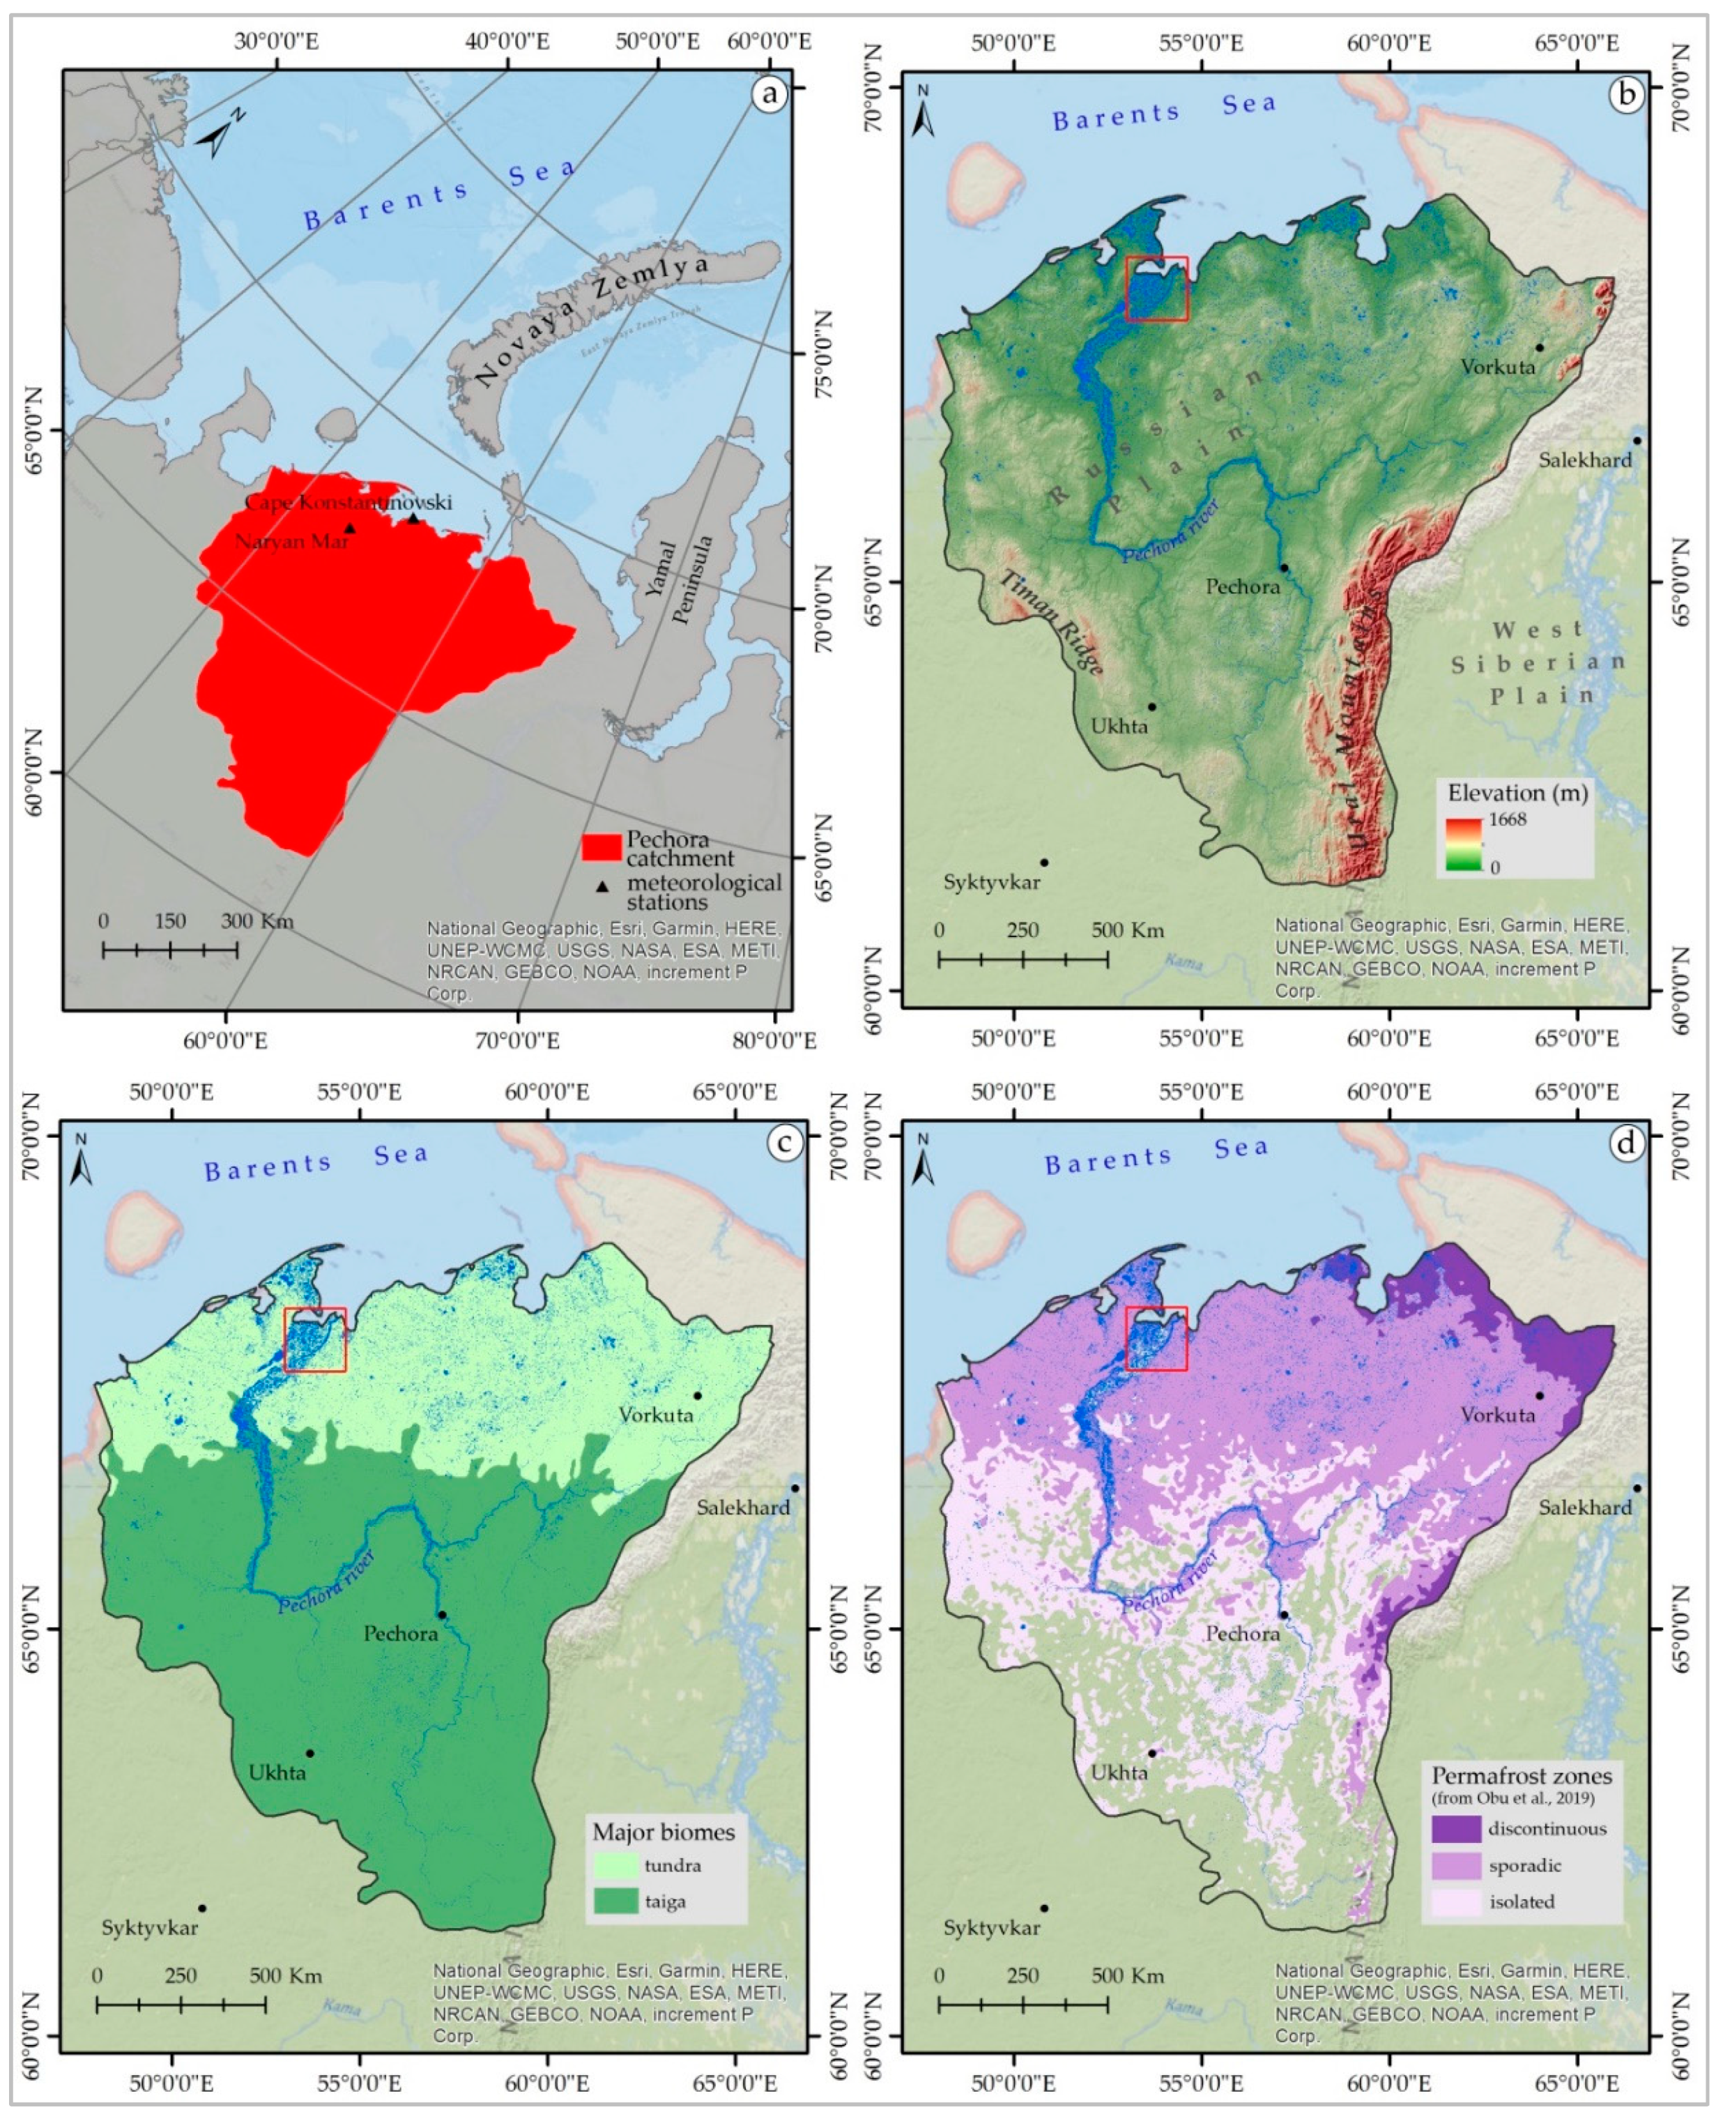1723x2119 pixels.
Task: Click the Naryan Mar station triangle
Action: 349,529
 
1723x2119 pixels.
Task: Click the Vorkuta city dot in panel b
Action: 1540,347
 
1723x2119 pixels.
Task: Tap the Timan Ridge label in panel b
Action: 1050,623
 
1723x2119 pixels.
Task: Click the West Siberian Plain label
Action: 1538,662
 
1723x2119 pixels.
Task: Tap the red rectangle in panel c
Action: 314,1339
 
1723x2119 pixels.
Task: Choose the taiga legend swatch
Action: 615,1901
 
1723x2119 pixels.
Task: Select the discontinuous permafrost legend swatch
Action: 1456,1828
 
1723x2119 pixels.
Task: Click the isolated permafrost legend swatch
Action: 1456,1901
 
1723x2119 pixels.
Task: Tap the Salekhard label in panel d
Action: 1585,1507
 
